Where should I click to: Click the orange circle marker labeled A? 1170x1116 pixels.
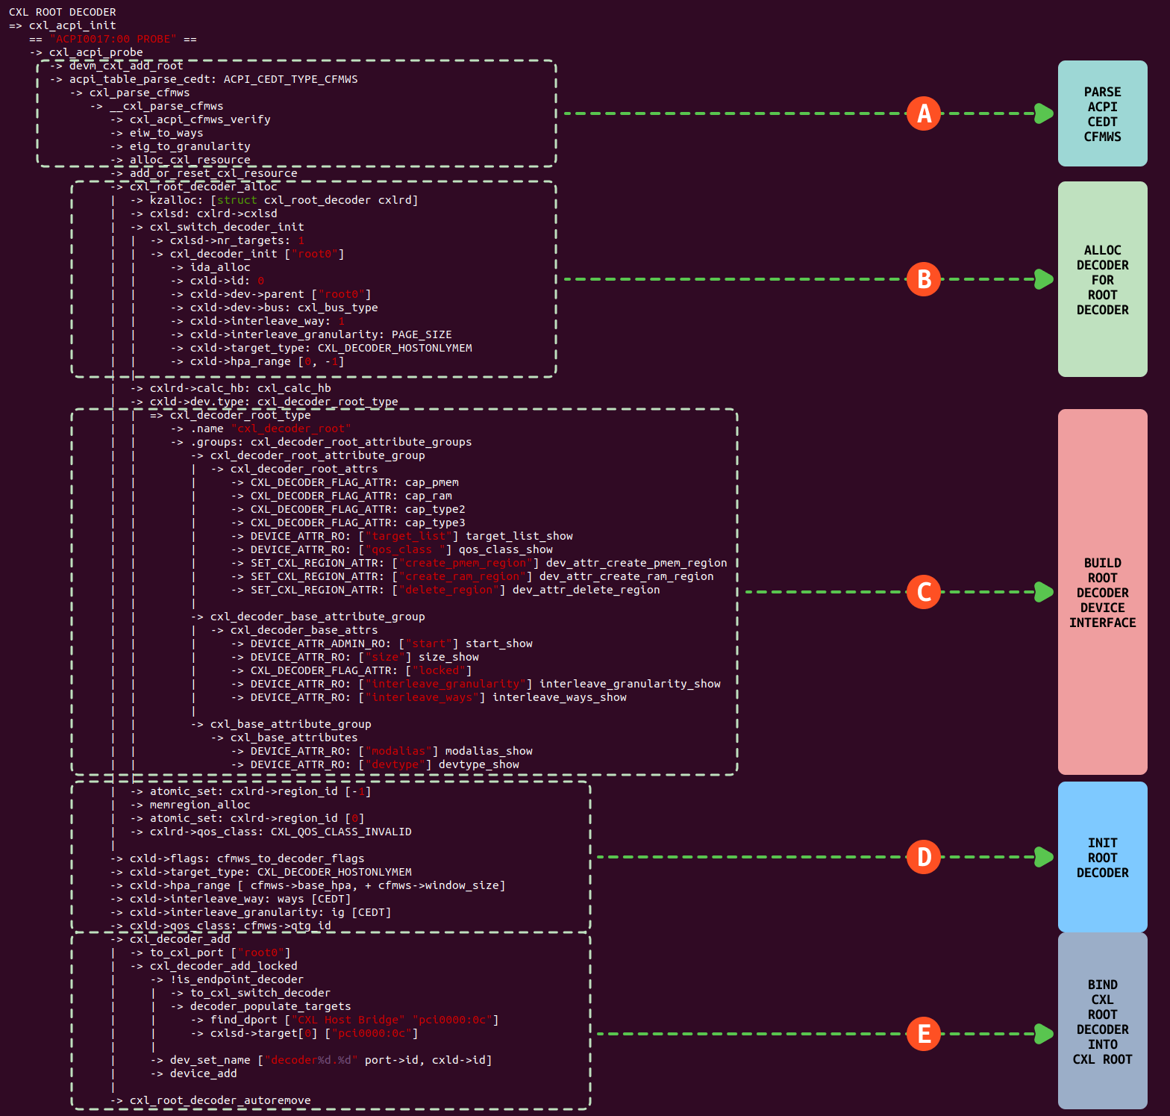coord(924,113)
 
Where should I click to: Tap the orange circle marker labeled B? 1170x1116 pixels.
coord(924,279)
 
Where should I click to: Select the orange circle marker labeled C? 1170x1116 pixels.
coord(924,592)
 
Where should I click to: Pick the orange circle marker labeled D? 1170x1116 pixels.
coord(924,857)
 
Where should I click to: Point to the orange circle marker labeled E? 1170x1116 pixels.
coord(924,1034)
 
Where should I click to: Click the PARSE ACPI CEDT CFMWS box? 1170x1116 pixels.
coord(1102,113)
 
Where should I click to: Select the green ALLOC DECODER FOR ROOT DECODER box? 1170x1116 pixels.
coord(1102,279)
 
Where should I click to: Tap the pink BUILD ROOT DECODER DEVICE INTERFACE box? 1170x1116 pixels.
coord(1102,592)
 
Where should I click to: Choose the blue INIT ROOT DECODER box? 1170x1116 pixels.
coord(1102,857)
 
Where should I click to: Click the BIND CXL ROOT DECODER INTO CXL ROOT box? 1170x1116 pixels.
coord(1102,1020)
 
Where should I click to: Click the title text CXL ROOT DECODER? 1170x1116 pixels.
coord(63,12)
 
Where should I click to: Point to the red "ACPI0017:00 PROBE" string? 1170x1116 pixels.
coord(113,39)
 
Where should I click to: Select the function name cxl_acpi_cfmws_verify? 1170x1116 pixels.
coord(200,119)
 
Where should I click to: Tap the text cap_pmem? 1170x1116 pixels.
coord(432,482)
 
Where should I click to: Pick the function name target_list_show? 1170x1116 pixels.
coord(519,536)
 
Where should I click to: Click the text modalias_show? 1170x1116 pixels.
coord(489,751)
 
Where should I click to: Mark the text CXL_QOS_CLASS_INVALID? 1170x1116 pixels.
coord(341,832)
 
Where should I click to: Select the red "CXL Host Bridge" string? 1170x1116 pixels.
coord(348,1020)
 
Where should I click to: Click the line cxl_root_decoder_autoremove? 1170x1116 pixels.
coord(220,1100)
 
